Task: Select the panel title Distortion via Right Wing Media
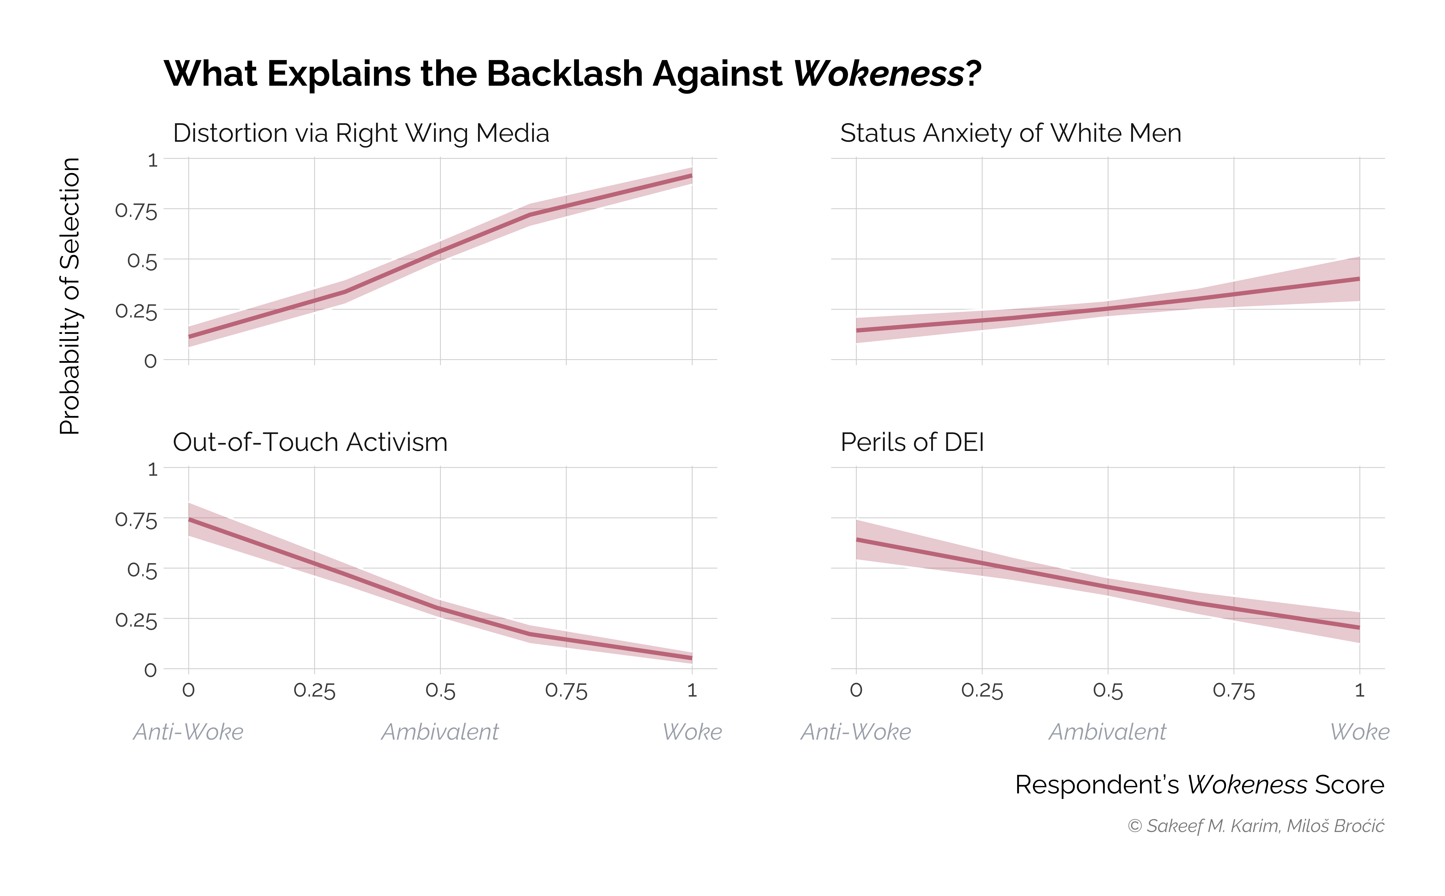[361, 133]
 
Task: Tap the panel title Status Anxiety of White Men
[1010, 133]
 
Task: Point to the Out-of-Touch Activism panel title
[310, 443]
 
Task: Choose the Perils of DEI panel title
[912, 443]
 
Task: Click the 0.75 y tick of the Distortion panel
[136, 211]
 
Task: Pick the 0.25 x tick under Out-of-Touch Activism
[315, 691]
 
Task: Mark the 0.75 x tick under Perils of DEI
[1233, 691]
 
